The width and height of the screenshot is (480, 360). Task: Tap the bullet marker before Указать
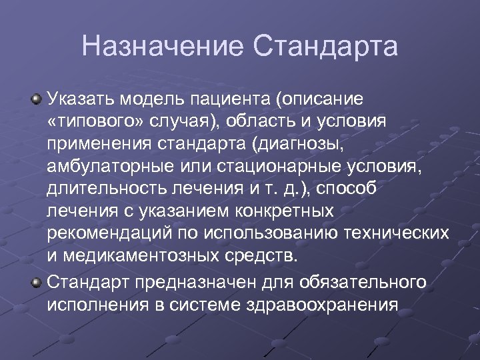[x=37, y=100]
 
